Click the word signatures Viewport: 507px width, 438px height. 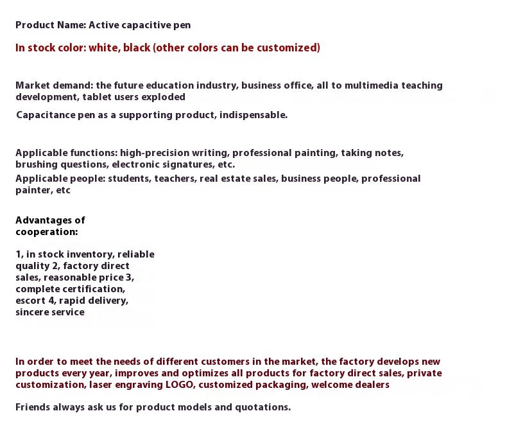pyautogui.click(x=182, y=164)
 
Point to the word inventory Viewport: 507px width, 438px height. pyautogui.click(x=87, y=254)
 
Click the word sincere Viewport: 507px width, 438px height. pyautogui.click(x=34, y=312)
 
